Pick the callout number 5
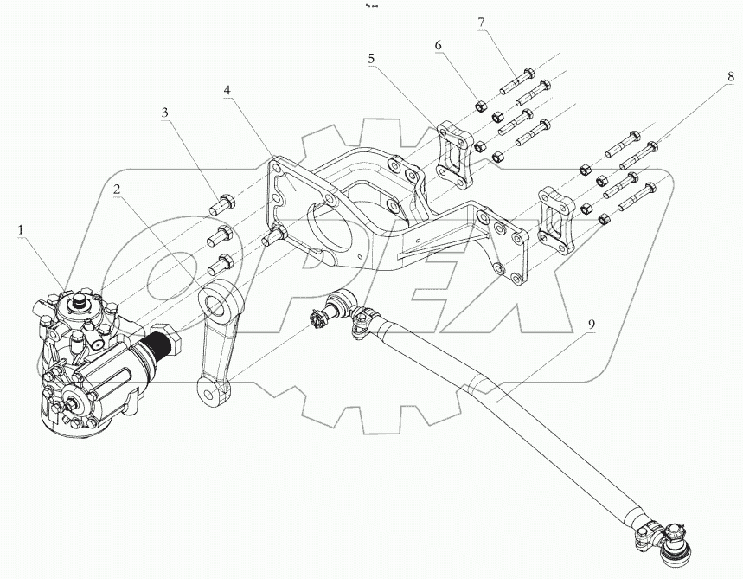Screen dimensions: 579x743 click(371, 59)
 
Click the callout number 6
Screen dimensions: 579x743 click(439, 44)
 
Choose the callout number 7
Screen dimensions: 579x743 click(483, 23)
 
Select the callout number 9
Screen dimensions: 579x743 click(592, 326)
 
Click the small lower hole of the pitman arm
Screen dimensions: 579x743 click(208, 391)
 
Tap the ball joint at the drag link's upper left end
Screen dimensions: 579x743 click(338, 306)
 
